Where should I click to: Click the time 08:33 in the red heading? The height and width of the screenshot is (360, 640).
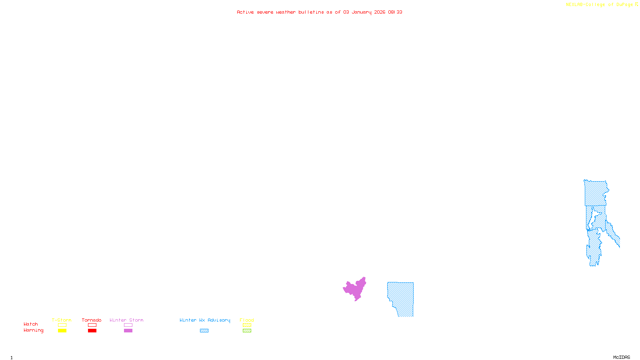395,12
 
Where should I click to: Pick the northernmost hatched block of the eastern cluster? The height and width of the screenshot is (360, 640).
596,193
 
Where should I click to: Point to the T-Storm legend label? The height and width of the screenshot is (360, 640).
62,320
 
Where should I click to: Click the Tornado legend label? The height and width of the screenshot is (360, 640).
92,320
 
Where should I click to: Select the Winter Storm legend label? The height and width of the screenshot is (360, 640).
126,320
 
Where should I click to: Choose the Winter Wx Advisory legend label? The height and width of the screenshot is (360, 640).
205,320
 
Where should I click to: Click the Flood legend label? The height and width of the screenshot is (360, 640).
247,320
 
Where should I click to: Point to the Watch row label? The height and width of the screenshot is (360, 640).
31,324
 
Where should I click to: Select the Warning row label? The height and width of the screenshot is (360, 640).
33,330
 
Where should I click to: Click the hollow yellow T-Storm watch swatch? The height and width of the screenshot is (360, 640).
62,325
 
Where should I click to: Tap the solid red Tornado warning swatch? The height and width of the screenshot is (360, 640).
92,331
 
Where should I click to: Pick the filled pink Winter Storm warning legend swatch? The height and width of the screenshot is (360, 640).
128,331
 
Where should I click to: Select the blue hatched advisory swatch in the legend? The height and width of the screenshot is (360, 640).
204,331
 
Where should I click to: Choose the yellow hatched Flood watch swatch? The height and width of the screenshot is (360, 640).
247,325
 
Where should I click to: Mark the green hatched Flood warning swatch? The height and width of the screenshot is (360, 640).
247,331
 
